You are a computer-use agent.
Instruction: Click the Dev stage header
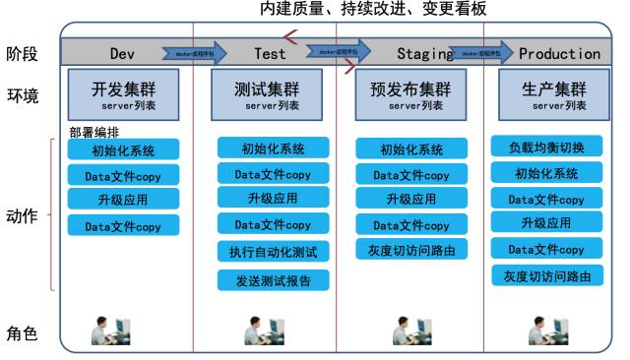(x=122, y=53)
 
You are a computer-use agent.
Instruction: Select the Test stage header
(x=270, y=53)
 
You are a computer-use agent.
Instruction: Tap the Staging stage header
(x=424, y=53)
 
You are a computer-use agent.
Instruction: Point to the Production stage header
(x=559, y=53)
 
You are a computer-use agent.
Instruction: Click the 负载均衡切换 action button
(x=547, y=148)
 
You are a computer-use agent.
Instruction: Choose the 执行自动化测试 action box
(x=274, y=252)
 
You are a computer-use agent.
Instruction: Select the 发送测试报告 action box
(x=274, y=280)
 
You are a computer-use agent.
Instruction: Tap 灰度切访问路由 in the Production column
(x=547, y=275)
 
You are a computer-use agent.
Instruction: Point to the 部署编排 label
(x=94, y=132)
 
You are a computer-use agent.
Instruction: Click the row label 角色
(x=22, y=333)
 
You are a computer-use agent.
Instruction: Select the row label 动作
(x=22, y=216)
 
